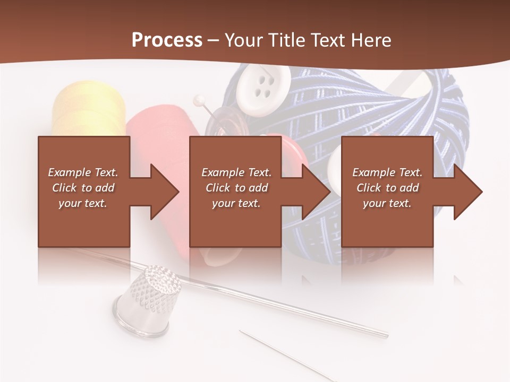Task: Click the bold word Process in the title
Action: [167, 40]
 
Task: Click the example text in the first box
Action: [83, 188]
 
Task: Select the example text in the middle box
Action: [236, 188]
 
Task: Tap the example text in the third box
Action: [387, 188]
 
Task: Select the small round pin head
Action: [199, 99]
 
